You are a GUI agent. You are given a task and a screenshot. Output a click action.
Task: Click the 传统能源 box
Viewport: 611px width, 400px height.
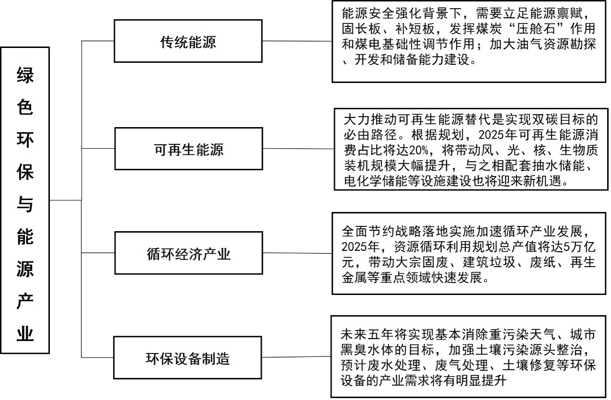pos(188,41)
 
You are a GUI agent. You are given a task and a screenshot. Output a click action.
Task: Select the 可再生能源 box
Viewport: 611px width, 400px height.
pos(188,149)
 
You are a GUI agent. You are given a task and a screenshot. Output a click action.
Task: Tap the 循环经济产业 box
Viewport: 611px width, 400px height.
pos(188,253)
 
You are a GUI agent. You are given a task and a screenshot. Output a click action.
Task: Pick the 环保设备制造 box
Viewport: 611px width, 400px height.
pos(188,358)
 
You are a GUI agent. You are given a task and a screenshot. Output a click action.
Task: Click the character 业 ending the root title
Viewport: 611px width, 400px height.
pos(25,333)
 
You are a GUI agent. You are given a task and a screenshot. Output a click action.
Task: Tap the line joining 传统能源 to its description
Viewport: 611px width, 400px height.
pos(297,41)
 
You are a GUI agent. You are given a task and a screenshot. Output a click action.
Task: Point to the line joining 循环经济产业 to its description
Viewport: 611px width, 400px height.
pos(297,253)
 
